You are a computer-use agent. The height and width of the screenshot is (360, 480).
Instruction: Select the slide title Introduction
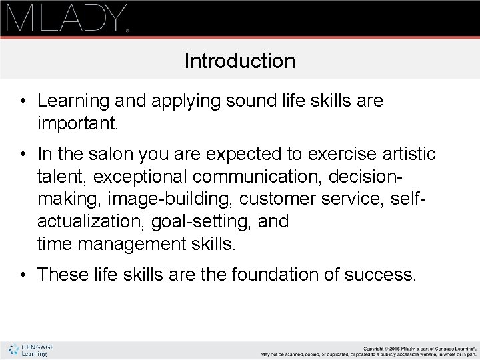(x=239, y=61)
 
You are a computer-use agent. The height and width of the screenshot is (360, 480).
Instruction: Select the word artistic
(x=409, y=155)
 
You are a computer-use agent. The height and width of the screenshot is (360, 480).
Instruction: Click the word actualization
(x=81, y=221)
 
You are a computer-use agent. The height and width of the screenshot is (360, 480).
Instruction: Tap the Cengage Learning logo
(x=31, y=350)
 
